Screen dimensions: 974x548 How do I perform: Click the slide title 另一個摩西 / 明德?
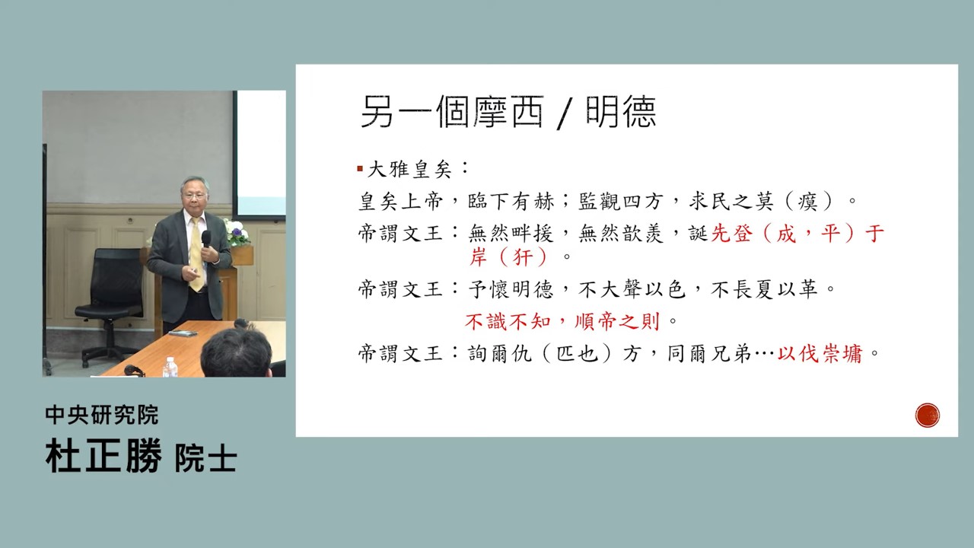click(508, 112)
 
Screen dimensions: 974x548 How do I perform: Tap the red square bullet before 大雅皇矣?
click(360, 169)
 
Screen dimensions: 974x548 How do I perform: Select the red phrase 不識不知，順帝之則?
click(562, 322)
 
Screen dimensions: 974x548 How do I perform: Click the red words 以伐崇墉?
click(820, 354)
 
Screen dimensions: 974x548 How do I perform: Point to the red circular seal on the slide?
click(927, 415)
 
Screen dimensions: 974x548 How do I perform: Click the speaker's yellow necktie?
click(196, 253)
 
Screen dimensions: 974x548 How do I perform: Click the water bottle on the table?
click(170, 368)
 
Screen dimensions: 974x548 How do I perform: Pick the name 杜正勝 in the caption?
click(103, 456)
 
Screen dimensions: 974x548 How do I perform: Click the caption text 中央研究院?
click(102, 415)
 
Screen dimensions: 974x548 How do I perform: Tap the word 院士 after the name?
click(205, 458)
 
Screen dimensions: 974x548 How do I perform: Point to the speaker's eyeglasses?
click(193, 196)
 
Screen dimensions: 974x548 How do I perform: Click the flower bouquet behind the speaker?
click(236, 232)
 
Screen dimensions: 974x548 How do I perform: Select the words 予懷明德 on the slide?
click(511, 290)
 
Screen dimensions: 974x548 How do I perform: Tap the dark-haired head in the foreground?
click(236, 352)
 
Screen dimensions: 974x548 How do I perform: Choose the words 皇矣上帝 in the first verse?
click(400, 202)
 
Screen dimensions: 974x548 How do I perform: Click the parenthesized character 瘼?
click(807, 202)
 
